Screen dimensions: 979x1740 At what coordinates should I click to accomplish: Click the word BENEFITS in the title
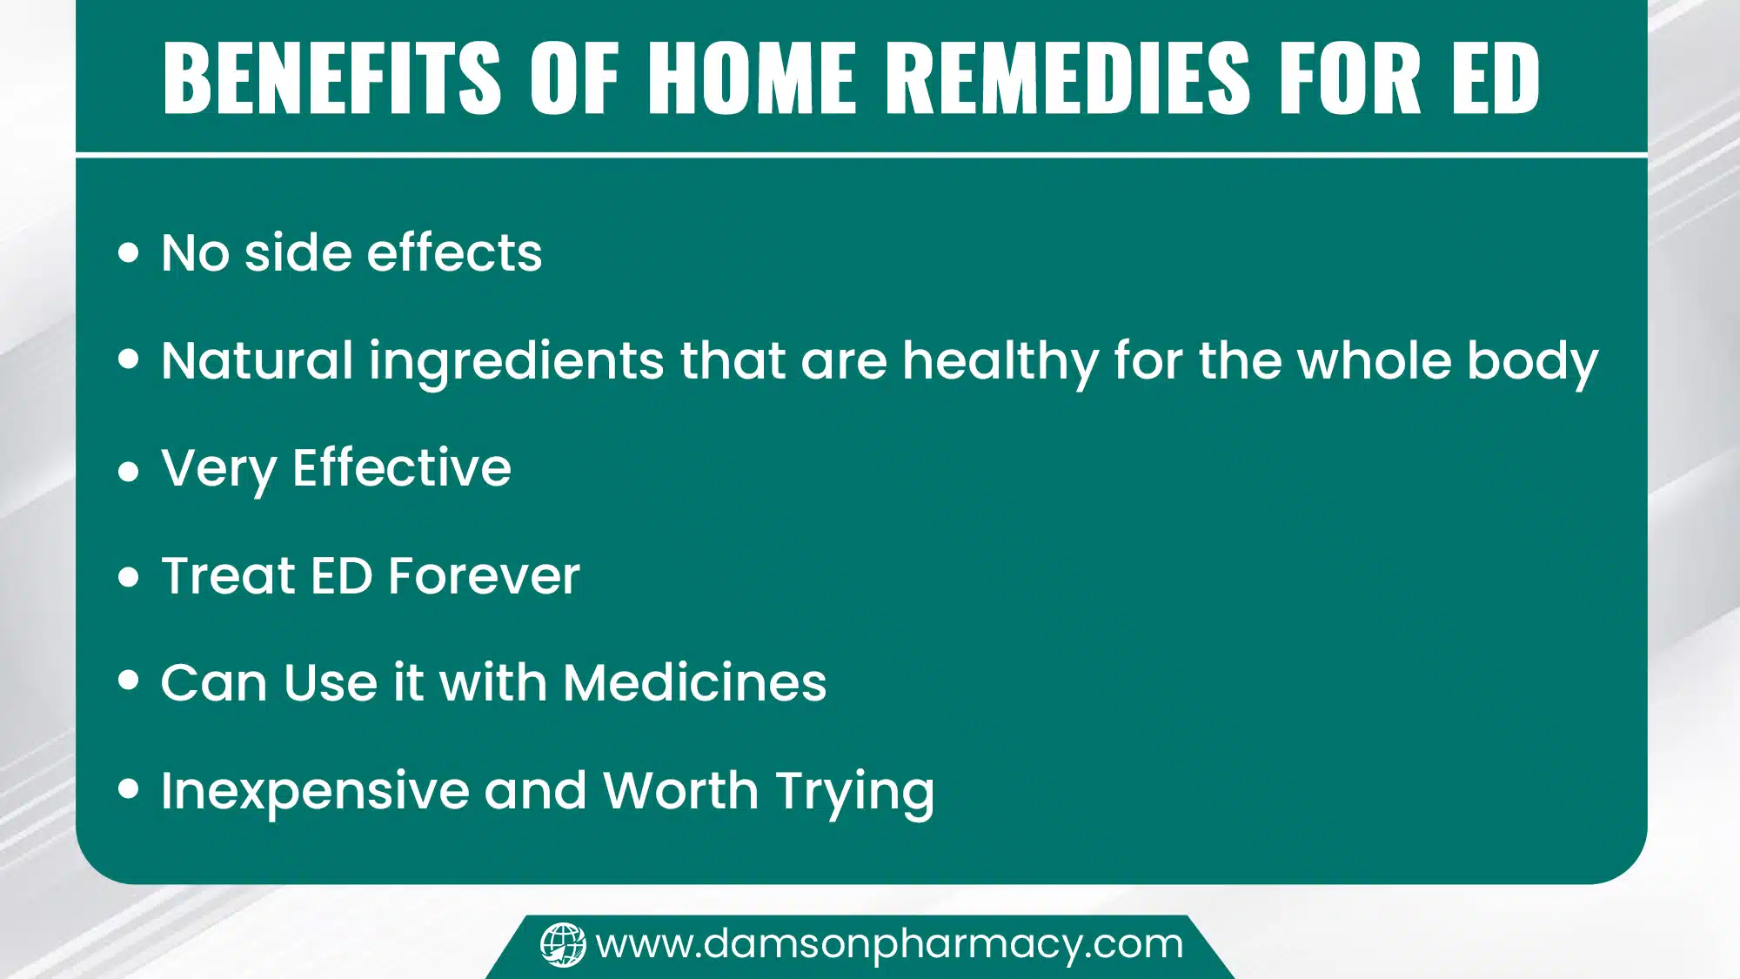click(x=331, y=78)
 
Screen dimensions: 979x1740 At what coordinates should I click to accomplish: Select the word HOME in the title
click(x=753, y=78)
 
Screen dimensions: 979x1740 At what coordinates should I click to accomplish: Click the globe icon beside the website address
click(x=563, y=945)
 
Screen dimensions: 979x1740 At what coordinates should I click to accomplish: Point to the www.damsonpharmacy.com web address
click(x=889, y=944)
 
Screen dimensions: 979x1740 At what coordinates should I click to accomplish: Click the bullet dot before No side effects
click(x=129, y=253)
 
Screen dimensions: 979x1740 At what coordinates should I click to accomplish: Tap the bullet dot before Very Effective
click(x=129, y=471)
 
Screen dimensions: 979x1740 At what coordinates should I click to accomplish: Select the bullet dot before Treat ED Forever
click(x=129, y=577)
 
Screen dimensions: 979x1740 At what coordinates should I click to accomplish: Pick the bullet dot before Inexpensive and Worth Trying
click(x=129, y=789)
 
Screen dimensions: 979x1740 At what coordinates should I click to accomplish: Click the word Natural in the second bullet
click(x=257, y=361)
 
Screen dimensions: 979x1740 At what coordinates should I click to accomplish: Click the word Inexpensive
click(x=314, y=792)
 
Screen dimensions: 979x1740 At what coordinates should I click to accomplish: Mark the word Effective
click(x=402, y=468)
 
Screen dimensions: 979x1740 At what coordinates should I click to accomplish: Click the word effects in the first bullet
click(x=454, y=253)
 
